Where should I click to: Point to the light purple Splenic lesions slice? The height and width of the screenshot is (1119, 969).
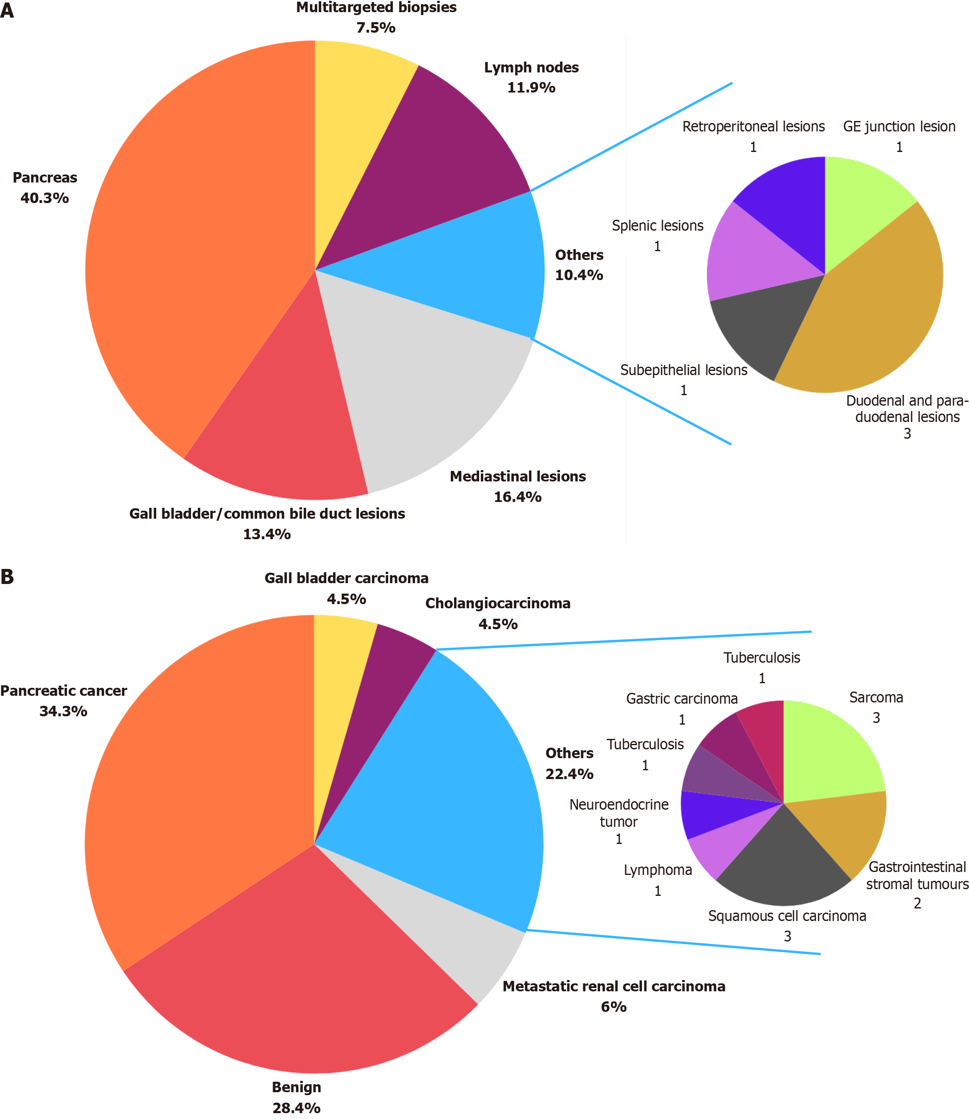757,254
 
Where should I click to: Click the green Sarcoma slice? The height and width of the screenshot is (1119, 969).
827,757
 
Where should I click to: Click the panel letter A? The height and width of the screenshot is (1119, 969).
7,11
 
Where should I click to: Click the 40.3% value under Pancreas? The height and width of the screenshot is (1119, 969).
45,198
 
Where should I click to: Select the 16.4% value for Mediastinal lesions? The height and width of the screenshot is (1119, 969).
518,497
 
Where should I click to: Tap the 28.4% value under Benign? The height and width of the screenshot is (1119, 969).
296,1108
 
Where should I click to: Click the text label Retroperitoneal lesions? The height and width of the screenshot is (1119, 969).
753,126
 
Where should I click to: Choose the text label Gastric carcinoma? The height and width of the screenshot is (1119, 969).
682,699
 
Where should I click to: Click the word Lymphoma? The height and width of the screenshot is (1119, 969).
657,870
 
